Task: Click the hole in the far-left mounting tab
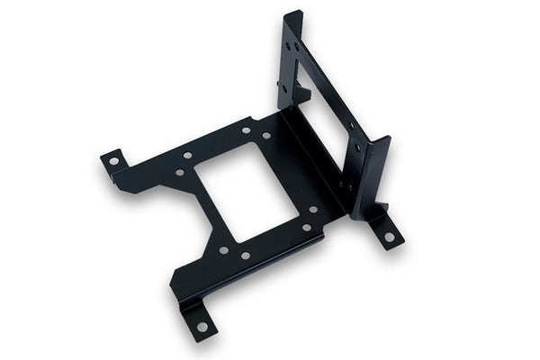[x=114, y=163]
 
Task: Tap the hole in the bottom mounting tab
[x=202, y=326]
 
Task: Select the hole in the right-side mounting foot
[x=389, y=237]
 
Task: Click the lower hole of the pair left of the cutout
[x=179, y=172]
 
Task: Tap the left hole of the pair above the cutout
[x=246, y=130]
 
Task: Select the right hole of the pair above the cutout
[x=265, y=135]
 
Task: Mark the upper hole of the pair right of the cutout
[x=313, y=210]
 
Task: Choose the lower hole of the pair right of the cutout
[x=306, y=228]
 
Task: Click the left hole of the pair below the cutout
[x=223, y=249]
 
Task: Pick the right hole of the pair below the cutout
[x=245, y=256]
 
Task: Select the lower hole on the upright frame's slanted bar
[x=357, y=147]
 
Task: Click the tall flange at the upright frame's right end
[x=373, y=175]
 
